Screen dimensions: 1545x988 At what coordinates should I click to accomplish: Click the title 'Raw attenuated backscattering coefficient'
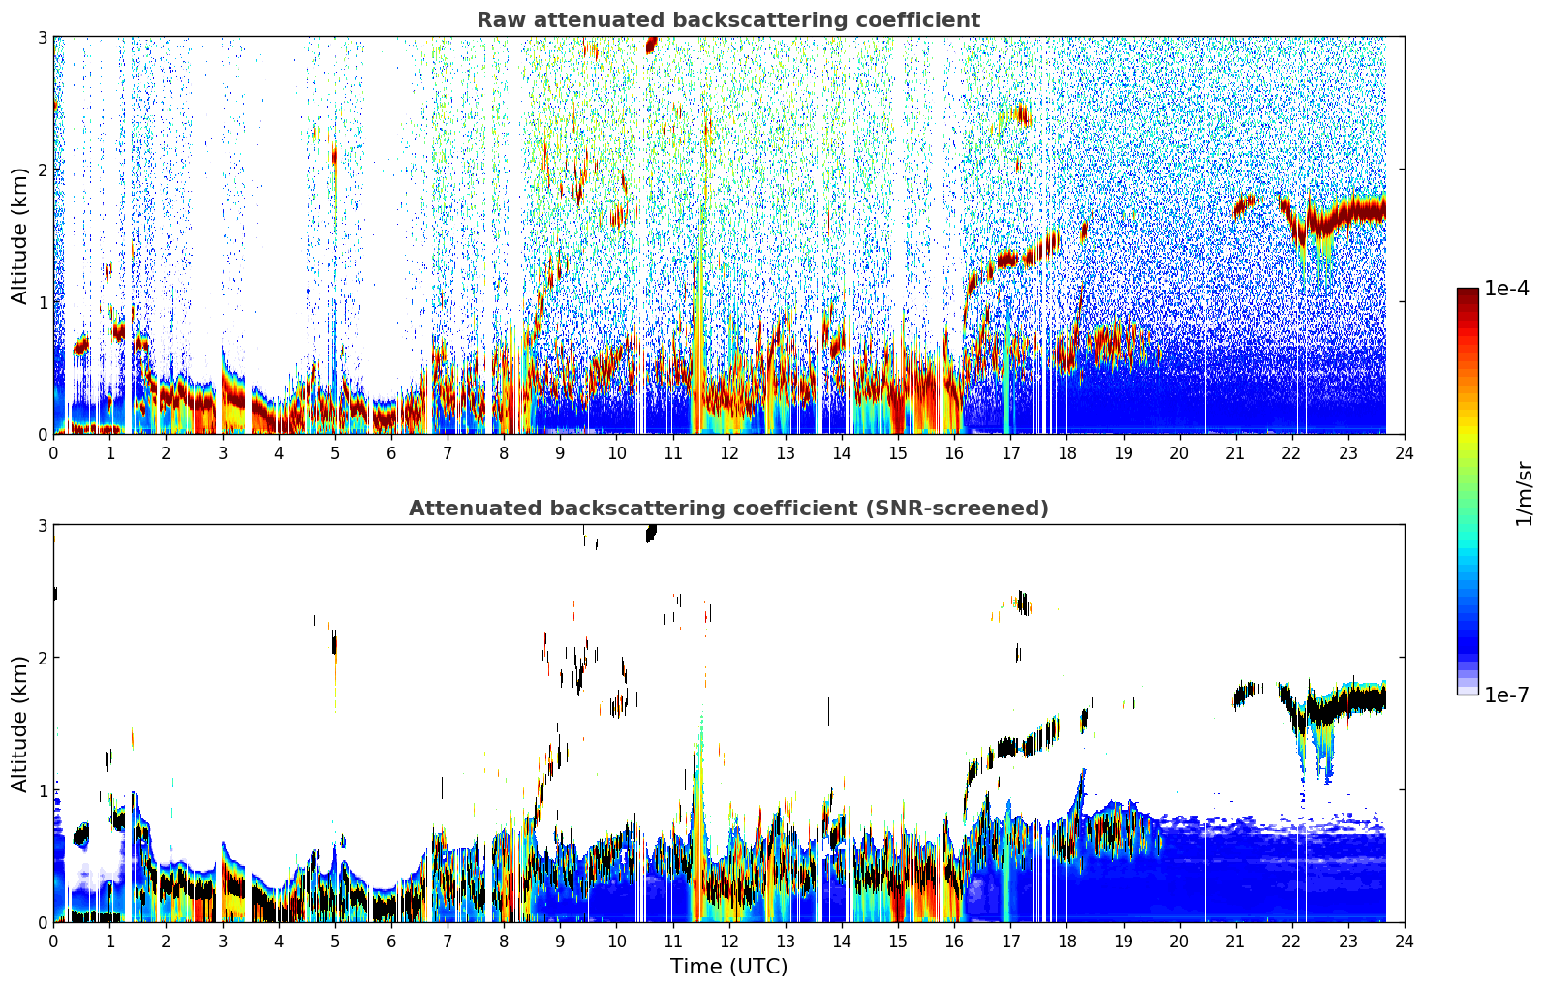(728, 20)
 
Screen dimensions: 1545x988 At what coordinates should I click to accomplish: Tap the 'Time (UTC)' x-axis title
(728, 966)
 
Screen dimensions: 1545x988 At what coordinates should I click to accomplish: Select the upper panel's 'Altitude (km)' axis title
(19, 236)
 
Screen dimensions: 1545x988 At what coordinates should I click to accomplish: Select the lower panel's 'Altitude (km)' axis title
(19, 724)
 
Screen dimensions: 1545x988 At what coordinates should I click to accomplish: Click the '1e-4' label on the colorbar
(1506, 289)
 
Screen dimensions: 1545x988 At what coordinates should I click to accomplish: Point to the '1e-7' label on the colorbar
(1506, 695)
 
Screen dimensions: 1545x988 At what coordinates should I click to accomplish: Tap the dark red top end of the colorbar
(1468, 292)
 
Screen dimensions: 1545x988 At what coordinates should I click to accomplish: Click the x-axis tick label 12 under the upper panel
(729, 453)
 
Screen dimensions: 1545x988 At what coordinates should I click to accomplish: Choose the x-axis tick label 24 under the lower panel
(1405, 942)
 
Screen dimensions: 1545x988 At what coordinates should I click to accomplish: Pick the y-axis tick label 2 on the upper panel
(42, 170)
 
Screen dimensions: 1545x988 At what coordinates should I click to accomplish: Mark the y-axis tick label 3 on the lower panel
(42, 526)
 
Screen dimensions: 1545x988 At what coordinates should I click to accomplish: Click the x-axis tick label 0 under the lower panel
(54, 942)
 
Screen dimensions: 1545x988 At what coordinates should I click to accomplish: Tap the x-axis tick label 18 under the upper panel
(1067, 453)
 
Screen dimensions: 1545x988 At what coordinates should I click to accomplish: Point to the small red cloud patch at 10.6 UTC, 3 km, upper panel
(651, 45)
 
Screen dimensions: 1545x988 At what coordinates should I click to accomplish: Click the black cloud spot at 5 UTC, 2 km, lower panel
(334, 644)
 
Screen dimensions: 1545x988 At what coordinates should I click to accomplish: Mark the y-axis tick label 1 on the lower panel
(42, 790)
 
